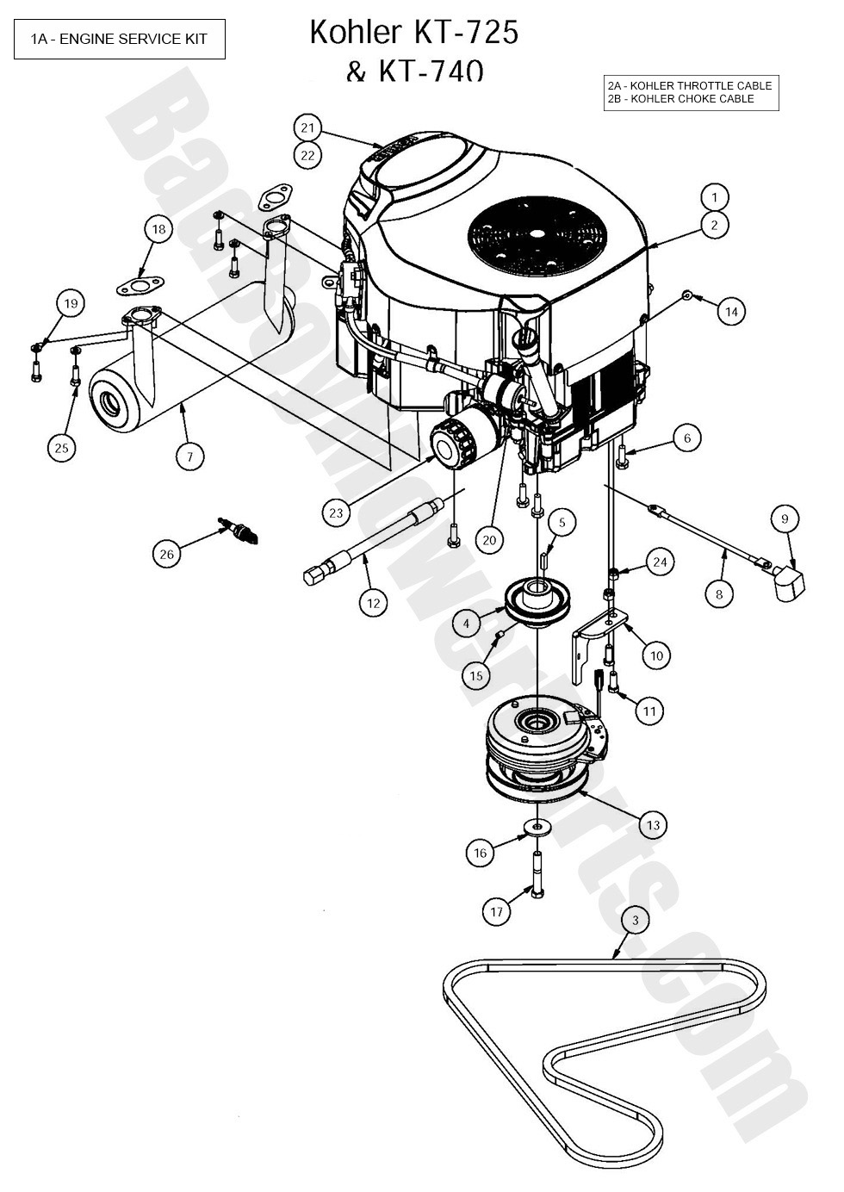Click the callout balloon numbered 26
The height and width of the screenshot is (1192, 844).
pyautogui.click(x=166, y=553)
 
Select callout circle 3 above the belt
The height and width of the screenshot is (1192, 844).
pyautogui.click(x=635, y=921)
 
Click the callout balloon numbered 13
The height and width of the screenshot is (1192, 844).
pyautogui.click(x=653, y=825)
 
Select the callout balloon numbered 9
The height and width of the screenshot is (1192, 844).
pyautogui.click(x=785, y=518)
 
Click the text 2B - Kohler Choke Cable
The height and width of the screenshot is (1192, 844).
pyautogui.click(x=680, y=99)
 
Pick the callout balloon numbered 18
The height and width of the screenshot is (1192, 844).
pyautogui.click(x=158, y=229)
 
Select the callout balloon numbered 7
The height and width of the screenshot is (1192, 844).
pyautogui.click(x=190, y=456)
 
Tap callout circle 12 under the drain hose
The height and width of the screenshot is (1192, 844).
pyautogui.click(x=373, y=604)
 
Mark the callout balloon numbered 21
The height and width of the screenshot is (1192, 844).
pyautogui.click(x=308, y=127)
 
